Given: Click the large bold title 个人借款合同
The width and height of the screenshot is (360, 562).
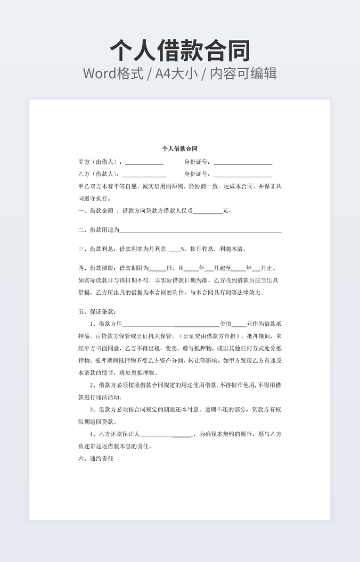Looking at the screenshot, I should tap(180, 51).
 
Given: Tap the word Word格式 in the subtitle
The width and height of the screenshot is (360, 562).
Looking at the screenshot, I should tap(113, 73).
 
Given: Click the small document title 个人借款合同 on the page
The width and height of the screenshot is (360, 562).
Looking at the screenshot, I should tap(180, 148).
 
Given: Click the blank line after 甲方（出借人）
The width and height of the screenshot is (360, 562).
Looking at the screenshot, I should tap(144, 162).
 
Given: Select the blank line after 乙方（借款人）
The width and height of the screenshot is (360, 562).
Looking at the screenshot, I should tap(144, 175).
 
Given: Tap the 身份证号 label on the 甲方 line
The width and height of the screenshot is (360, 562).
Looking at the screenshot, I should tap(198, 162).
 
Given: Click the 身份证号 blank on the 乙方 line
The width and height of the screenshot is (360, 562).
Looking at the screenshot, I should tap(243, 175).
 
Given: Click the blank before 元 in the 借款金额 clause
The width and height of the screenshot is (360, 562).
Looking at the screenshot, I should tap(208, 211).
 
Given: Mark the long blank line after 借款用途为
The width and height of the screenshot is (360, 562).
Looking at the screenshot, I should tap(200, 230).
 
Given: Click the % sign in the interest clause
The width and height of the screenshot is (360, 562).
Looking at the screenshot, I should tap(183, 249).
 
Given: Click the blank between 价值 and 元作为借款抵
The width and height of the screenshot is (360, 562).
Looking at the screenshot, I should tap(239, 324).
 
